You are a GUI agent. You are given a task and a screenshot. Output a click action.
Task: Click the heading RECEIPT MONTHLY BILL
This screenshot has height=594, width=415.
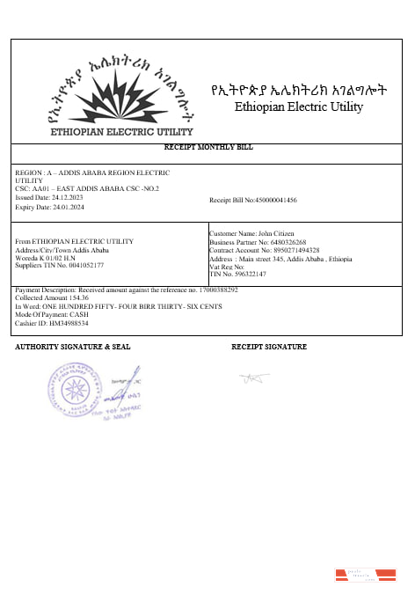[x=208, y=147]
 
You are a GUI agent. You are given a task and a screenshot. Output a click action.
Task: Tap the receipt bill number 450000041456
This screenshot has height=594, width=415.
[x=274, y=201]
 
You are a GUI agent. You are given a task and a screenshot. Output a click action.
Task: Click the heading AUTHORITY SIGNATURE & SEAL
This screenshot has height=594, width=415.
[x=73, y=347]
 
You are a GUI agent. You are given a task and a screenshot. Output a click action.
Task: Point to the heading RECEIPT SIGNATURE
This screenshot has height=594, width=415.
[x=269, y=347]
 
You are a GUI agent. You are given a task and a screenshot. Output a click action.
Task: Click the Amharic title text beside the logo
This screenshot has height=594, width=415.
[x=299, y=92]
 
